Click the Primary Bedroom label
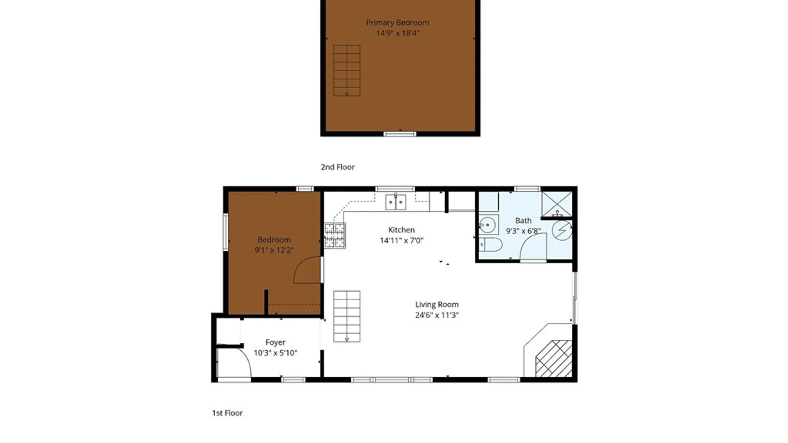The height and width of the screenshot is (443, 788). coord(397,23)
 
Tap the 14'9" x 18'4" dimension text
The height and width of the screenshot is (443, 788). coord(397,33)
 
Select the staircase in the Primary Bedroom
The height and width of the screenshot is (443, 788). coord(347,71)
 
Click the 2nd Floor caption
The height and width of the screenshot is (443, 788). coord(337,167)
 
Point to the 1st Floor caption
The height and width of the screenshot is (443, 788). coord(227,413)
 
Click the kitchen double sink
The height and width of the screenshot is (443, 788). coord(396,202)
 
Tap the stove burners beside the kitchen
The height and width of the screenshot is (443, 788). coord(334,235)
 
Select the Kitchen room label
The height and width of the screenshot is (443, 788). coord(401,230)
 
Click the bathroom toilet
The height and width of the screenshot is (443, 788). coord(490,244)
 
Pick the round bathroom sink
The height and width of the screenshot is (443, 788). coord(488,225)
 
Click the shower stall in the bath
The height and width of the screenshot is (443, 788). coord(557,204)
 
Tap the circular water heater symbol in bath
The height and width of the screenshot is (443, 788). coord(562,230)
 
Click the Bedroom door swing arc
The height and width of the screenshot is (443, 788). coord(308,271)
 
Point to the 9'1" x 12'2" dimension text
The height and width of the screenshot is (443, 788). coord(274,250)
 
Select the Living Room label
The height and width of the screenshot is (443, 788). coord(437,304)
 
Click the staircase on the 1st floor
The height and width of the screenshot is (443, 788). coord(347,316)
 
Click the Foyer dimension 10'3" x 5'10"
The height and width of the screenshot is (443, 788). coord(275,353)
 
